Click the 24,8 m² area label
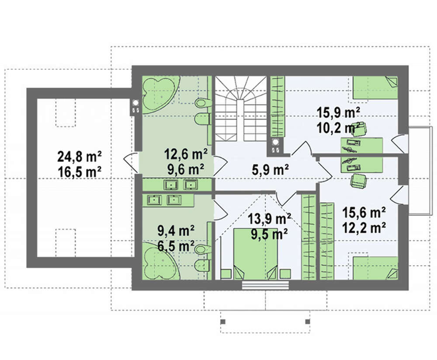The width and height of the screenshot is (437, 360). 79,157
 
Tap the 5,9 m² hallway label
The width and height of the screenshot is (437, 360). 270,170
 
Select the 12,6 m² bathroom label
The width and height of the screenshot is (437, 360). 186,154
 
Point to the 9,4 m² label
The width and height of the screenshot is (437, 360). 176,231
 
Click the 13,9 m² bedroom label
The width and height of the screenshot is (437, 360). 270,219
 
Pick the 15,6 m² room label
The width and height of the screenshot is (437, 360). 364,213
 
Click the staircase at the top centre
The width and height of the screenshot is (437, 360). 240,108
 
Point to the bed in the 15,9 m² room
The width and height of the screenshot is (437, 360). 375,87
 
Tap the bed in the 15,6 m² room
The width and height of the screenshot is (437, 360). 375,268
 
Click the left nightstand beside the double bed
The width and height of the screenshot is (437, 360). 226,274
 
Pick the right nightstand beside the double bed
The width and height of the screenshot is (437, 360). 285,274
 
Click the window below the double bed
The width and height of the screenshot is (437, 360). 265,285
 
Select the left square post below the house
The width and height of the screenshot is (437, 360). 223,322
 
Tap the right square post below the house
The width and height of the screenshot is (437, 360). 308,322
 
